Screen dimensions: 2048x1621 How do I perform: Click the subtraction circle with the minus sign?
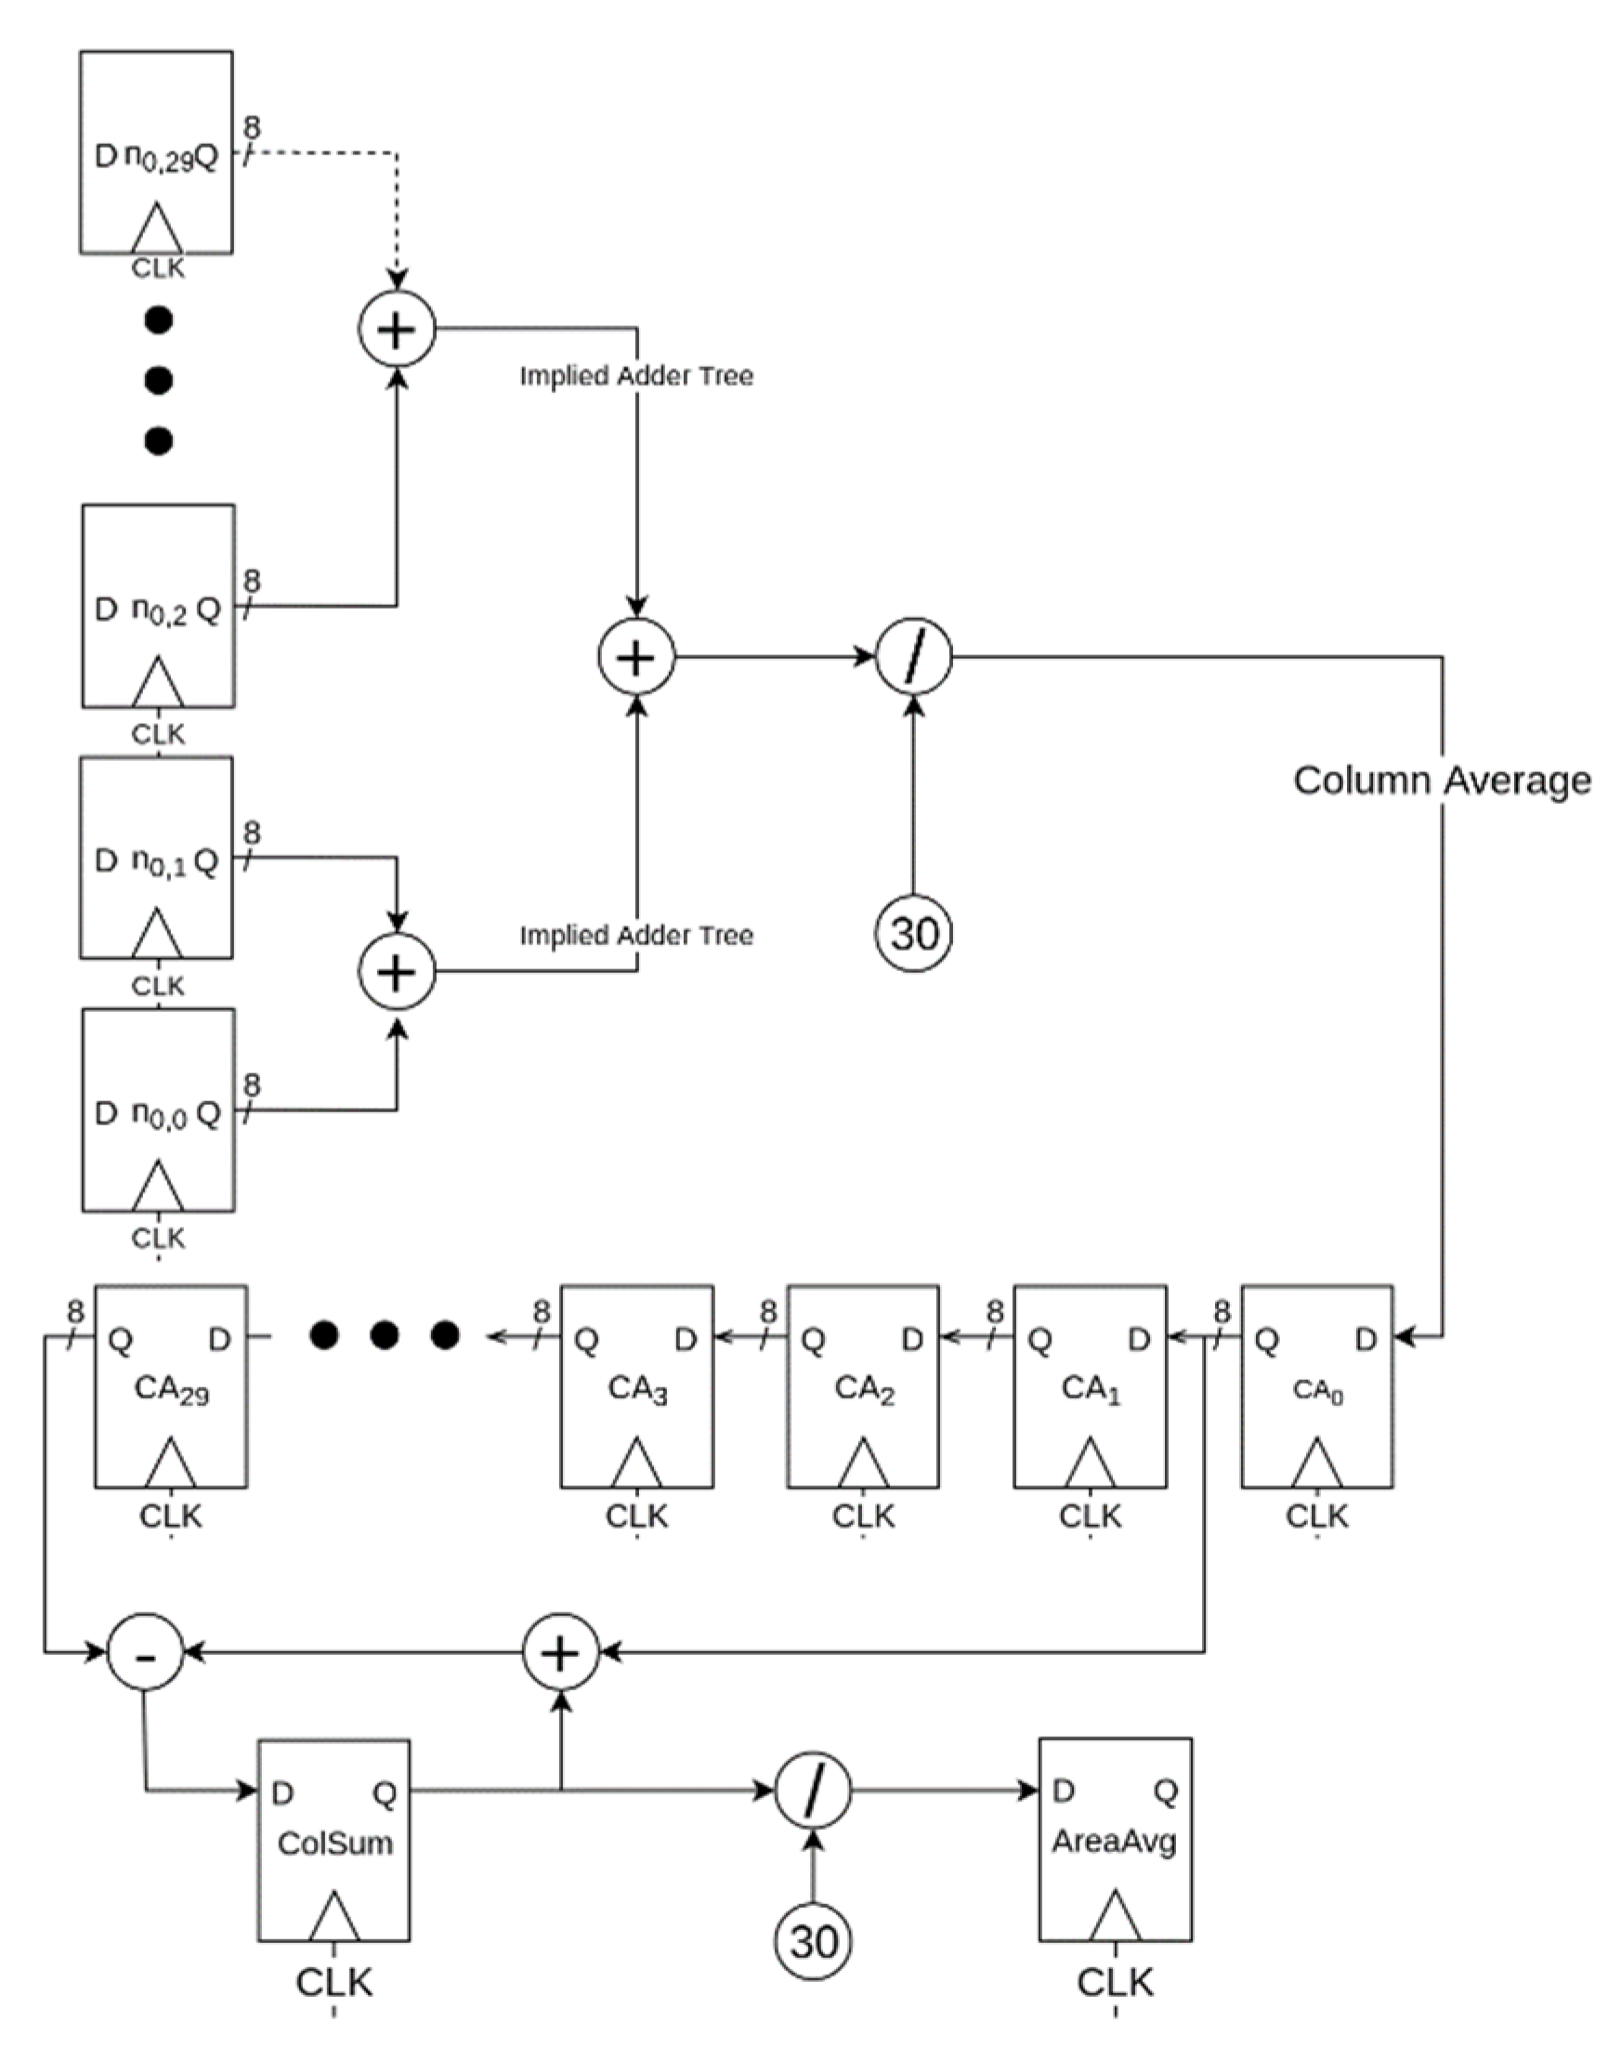144,1653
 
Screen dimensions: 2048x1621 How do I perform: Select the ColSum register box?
334,1840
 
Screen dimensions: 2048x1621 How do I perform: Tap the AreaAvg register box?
1115,1839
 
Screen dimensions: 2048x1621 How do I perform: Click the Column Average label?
1442,781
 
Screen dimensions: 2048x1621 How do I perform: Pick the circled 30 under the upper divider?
913,933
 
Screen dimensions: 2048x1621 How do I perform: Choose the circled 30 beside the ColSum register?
814,1942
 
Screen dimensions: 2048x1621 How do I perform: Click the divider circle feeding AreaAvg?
814,1792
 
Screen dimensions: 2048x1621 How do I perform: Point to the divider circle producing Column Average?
913,656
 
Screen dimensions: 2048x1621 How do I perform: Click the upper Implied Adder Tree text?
636,376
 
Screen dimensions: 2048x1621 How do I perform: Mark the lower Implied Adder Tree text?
636,935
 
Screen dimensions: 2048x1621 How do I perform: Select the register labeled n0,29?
157,151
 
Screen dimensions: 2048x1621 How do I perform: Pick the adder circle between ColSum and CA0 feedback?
561,1653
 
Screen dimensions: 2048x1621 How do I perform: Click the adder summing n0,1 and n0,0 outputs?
397,972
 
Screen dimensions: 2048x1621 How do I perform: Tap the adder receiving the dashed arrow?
397,329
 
